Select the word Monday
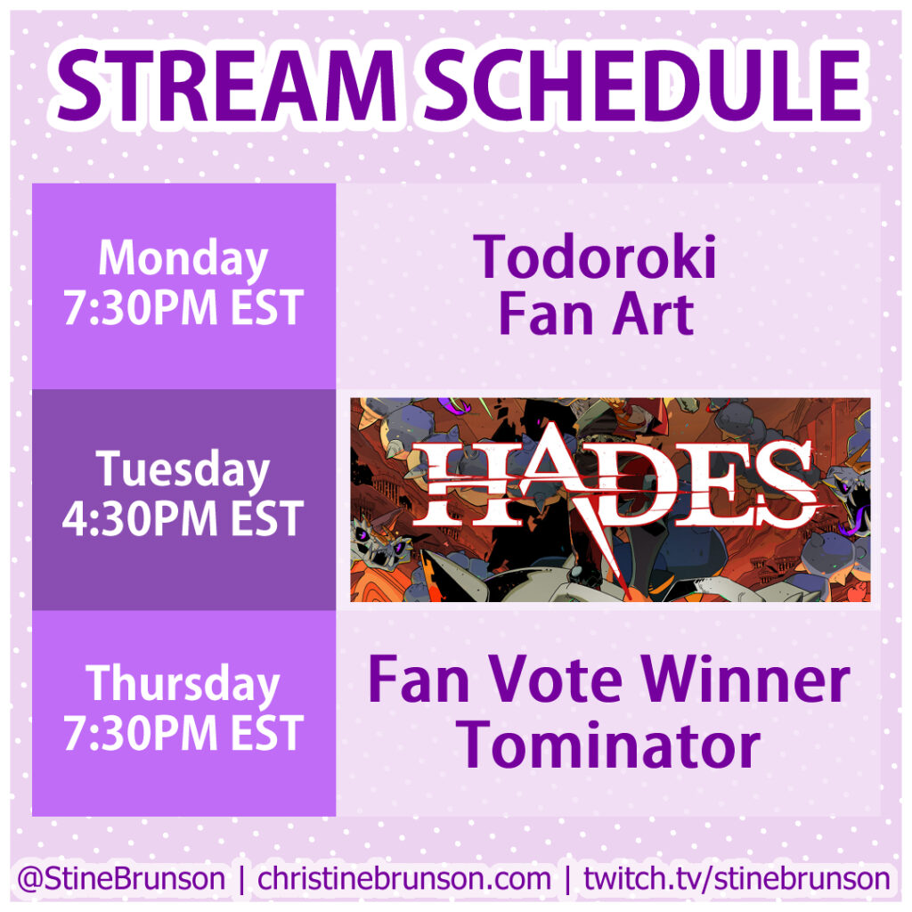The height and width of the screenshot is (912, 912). pyautogui.click(x=183, y=259)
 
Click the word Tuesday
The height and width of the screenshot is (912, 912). pyautogui.click(x=183, y=470)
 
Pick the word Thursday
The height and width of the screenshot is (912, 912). pyautogui.click(x=183, y=684)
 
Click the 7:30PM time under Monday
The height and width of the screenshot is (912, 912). pyautogui.click(x=140, y=307)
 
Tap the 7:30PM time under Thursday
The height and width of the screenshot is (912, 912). pyautogui.click(x=140, y=733)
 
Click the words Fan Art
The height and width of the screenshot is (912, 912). pyautogui.click(x=597, y=314)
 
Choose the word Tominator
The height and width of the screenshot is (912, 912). pyautogui.click(x=608, y=745)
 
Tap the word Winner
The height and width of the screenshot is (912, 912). pyautogui.click(x=745, y=680)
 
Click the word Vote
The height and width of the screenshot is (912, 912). pyautogui.click(x=555, y=680)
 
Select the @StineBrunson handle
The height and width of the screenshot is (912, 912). pyautogui.click(x=121, y=878)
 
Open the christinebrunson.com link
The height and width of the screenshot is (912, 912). pyautogui.click(x=404, y=878)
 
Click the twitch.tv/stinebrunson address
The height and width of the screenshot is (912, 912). pyautogui.click(x=737, y=878)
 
